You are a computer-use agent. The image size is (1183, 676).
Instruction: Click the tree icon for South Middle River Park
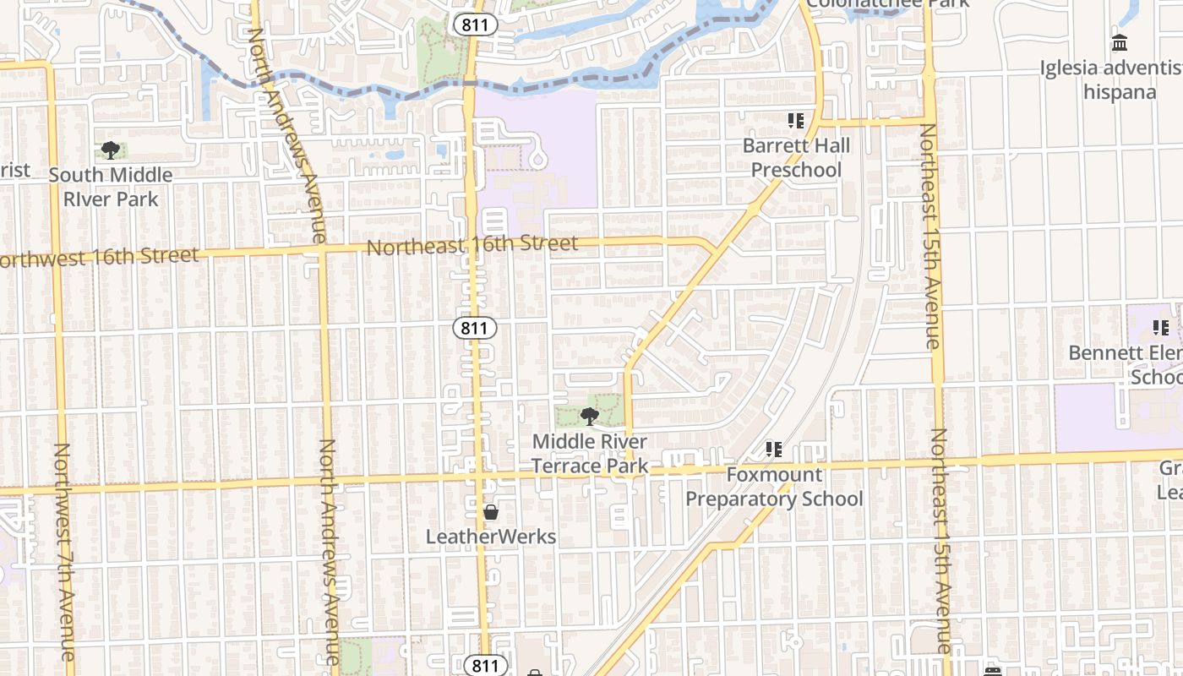point(110,150)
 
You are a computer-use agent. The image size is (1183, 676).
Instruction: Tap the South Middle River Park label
point(110,187)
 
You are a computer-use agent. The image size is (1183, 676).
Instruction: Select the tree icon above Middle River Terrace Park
point(590,416)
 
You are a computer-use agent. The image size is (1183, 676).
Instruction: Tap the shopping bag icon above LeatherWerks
point(490,512)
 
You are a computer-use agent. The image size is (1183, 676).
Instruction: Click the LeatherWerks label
point(491,537)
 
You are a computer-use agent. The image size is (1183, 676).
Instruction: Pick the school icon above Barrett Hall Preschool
point(795,121)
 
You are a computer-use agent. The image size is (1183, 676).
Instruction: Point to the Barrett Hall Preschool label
point(796,158)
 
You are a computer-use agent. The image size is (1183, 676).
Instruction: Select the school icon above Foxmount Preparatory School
point(774,450)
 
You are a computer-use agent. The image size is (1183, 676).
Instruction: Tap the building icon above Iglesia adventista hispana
point(1120,42)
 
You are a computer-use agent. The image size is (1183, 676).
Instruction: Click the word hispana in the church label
point(1120,91)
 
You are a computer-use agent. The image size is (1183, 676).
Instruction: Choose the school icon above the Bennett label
point(1161,327)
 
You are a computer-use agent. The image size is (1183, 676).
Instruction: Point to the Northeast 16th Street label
point(472,245)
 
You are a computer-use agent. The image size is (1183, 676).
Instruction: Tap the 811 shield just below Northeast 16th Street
point(474,328)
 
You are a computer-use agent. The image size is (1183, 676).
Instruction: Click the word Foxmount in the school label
point(774,474)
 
